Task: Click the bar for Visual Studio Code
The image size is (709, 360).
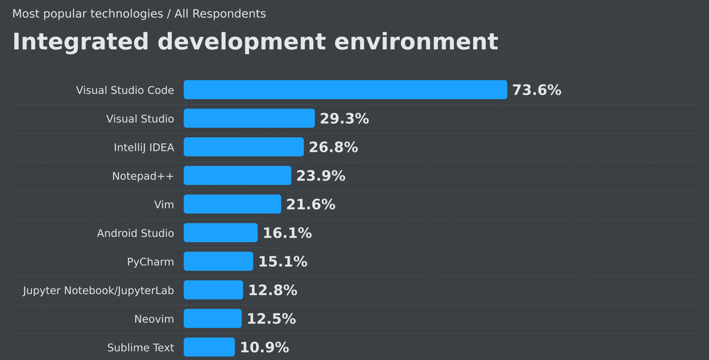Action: [345, 90]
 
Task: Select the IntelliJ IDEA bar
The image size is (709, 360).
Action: [243, 147]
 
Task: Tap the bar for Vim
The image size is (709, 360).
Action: [232, 204]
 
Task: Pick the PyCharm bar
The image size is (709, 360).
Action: [218, 262]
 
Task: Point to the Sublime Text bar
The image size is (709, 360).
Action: [209, 347]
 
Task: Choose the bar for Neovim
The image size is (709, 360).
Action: [212, 319]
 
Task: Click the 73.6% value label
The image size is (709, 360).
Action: [537, 91]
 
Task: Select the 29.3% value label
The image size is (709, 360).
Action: [344, 119]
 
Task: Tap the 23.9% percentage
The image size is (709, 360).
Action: [321, 176]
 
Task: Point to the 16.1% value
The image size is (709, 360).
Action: [287, 233]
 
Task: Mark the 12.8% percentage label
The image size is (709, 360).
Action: [272, 291]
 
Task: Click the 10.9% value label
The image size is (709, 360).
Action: [264, 348]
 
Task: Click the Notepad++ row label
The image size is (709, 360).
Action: [143, 176]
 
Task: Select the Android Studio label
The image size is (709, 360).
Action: [135, 233]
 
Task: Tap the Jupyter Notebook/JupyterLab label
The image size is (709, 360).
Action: [98, 291]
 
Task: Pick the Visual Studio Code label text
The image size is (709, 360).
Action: [125, 91]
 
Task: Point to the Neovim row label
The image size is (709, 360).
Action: [154, 319]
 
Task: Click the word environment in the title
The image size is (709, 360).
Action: [416, 42]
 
